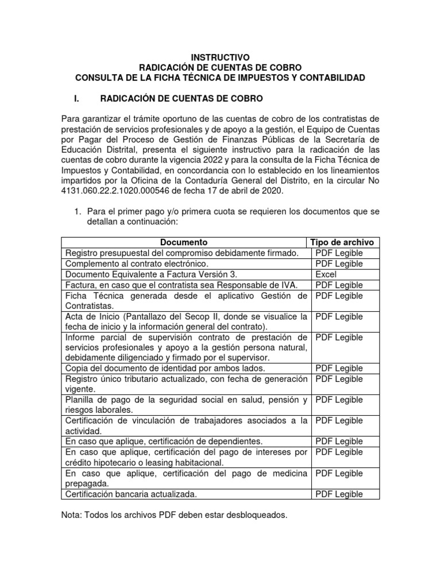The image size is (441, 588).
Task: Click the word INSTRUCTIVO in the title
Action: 221,57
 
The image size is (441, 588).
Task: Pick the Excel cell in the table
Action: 326,274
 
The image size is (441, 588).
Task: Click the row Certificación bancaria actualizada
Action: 131,494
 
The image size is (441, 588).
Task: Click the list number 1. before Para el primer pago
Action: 79,212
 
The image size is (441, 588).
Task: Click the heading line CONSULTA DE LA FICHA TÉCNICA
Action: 221,78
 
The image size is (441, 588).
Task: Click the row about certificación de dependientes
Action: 164,441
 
